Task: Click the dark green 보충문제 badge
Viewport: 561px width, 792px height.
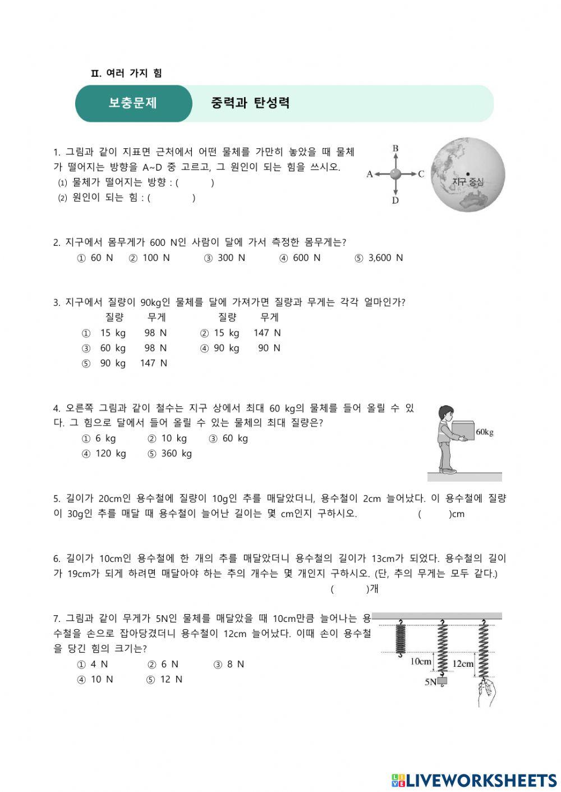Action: coord(133,103)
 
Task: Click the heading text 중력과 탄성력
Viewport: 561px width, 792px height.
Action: coord(250,103)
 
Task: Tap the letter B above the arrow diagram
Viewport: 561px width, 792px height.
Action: coord(396,149)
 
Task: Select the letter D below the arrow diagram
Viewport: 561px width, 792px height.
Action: coord(396,200)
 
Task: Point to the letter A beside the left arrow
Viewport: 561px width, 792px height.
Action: coord(370,174)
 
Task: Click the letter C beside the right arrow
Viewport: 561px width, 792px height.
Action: coord(421,174)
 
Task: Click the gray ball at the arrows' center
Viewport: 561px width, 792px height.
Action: coord(396,174)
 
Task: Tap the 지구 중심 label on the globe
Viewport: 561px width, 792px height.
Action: coord(467,181)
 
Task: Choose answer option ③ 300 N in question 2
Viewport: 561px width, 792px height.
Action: coord(224,258)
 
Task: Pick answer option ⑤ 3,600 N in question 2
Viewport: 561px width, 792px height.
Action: coord(379,258)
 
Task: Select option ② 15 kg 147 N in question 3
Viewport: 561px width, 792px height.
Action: coord(241,333)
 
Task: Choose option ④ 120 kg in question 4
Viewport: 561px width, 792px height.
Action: coord(104,454)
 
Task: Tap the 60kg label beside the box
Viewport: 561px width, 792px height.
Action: coord(485,432)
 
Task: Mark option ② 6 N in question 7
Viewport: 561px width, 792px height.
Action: coord(163,664)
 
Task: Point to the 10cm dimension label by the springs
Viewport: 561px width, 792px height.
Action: coord(421,661)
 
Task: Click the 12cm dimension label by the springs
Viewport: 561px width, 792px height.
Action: coord(463,663)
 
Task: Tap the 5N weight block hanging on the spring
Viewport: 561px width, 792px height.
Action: coord(443,681)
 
